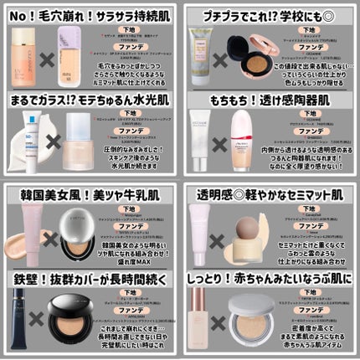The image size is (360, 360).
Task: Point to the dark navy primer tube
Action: (x=18, y=318)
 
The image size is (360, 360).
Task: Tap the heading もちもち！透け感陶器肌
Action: (x=270, y=100)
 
